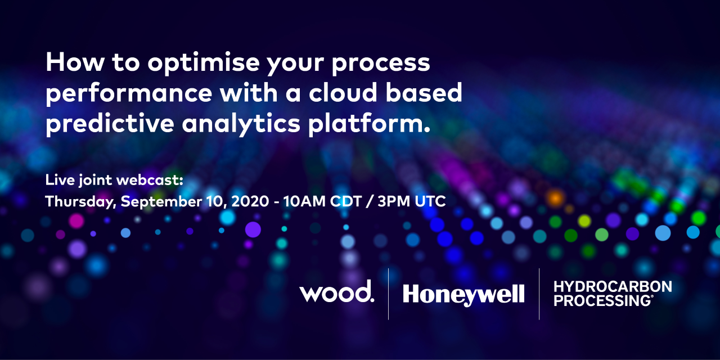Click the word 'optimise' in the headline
[204, 64]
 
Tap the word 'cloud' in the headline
[343, 93]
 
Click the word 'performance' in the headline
[129, 94]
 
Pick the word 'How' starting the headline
[75, 62]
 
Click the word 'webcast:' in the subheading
[150, 179]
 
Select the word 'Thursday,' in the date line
[80, 202]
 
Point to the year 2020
[250, 201]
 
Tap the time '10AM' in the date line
[304, 201]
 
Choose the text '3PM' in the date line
[394, 201]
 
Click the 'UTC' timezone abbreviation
[430, 201]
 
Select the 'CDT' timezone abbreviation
[346, 201]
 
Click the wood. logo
[337, 291]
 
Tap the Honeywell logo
[463, 295]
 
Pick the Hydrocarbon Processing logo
[613, 294]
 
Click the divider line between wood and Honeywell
[388, 294]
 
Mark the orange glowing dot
[555, 197]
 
